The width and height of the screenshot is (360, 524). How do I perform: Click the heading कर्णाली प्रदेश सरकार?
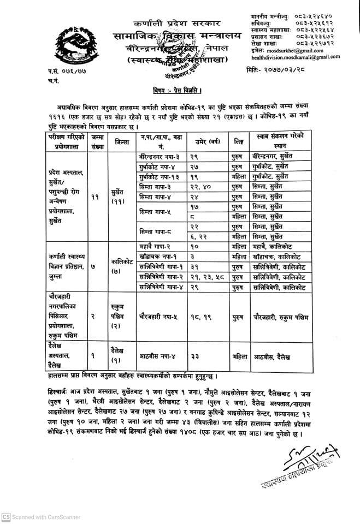click(177, 23)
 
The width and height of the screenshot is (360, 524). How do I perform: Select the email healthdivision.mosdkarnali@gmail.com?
click(296, 57)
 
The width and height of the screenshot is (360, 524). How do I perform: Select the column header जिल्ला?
click(122, 141)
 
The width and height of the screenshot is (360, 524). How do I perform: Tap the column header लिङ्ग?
click(239, 141)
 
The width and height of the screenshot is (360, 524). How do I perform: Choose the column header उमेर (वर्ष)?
click(207, 141)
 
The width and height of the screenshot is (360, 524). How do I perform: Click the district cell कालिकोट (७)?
click(122, 266)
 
